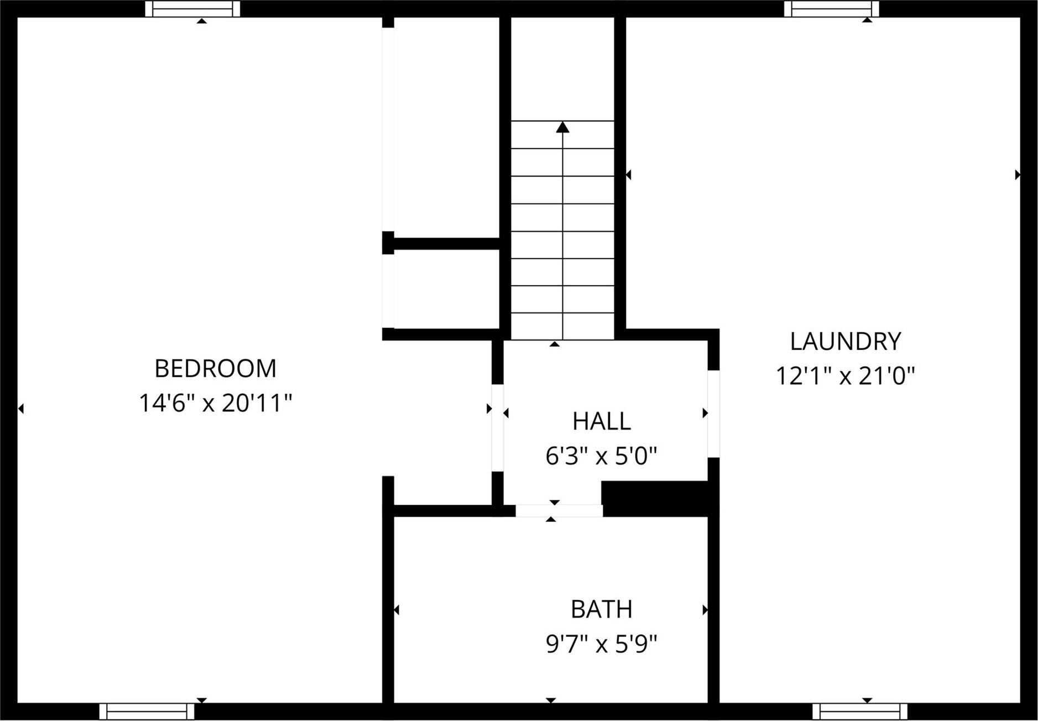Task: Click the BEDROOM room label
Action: coord(215,369)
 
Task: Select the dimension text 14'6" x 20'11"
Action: coord(215,403)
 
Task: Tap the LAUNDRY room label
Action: coord(845,342)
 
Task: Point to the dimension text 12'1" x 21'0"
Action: coord(845,377)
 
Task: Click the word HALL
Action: coord(601,421)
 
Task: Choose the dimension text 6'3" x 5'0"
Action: coord(601,457)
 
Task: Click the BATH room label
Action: coord(601,609)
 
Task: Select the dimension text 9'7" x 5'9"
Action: coord(601,644)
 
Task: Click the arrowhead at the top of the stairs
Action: coord(562,127)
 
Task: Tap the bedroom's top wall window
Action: coord(192,9)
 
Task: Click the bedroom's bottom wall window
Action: coord(147,711)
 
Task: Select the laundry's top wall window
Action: coord(831,9)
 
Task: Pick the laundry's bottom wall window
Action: coord(859,711)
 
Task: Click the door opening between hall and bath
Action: coord(559,511)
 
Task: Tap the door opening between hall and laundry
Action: coord(713,414)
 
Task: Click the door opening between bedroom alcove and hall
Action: coord(497,427)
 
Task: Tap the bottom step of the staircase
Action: coord(562,326)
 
